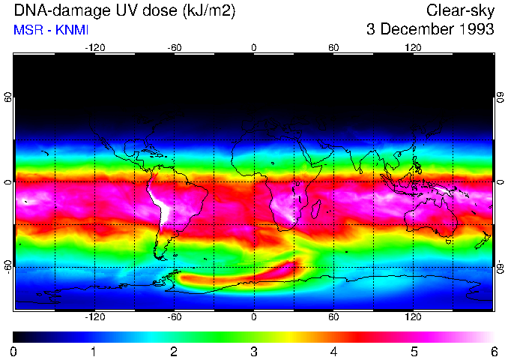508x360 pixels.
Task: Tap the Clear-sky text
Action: tap(460, 10)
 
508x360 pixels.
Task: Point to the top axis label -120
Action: tap(94, 47)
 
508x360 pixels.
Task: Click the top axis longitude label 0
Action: tap(254, 47)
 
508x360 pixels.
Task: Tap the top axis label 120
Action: tap(413, 47)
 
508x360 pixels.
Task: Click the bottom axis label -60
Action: tap(174, 317)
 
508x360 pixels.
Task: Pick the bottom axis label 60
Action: tap(333, 317)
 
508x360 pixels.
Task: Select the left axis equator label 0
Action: tap(7, 182)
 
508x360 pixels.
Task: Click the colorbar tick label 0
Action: tap(14, 351)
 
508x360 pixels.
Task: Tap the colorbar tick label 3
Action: tap(253, 351)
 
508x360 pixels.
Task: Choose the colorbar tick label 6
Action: tap(493, 351)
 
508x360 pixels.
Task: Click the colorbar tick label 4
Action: tap(333, 351)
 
